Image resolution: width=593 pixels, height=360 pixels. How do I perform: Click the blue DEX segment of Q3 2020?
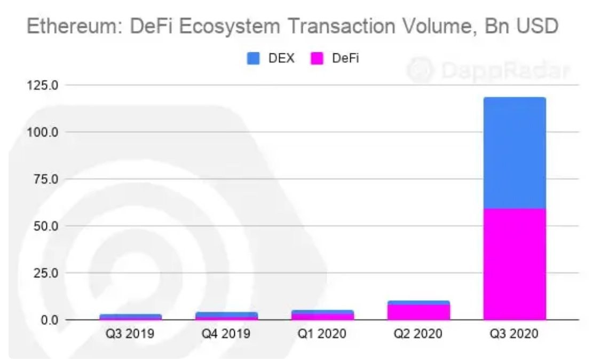[514, 153]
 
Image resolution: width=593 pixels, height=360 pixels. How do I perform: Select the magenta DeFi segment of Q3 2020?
[514, 264]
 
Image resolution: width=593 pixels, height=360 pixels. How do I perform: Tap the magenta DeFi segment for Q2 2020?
[418, 312]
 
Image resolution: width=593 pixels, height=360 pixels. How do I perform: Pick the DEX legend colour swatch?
[252, 58]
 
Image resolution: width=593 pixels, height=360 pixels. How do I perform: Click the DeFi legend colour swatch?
[317, 58]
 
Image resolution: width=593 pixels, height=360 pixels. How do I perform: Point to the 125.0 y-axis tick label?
[43, 85]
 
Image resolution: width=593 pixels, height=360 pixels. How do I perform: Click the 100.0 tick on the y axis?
[43, 132]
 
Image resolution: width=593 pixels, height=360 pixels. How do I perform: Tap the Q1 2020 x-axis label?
[322, 335]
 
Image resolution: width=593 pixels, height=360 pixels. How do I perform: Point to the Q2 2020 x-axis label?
[418, 335]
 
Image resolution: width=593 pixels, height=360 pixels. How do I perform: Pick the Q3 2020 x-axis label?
[514, 335]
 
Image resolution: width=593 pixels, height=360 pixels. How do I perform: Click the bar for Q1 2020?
[322, 315]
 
